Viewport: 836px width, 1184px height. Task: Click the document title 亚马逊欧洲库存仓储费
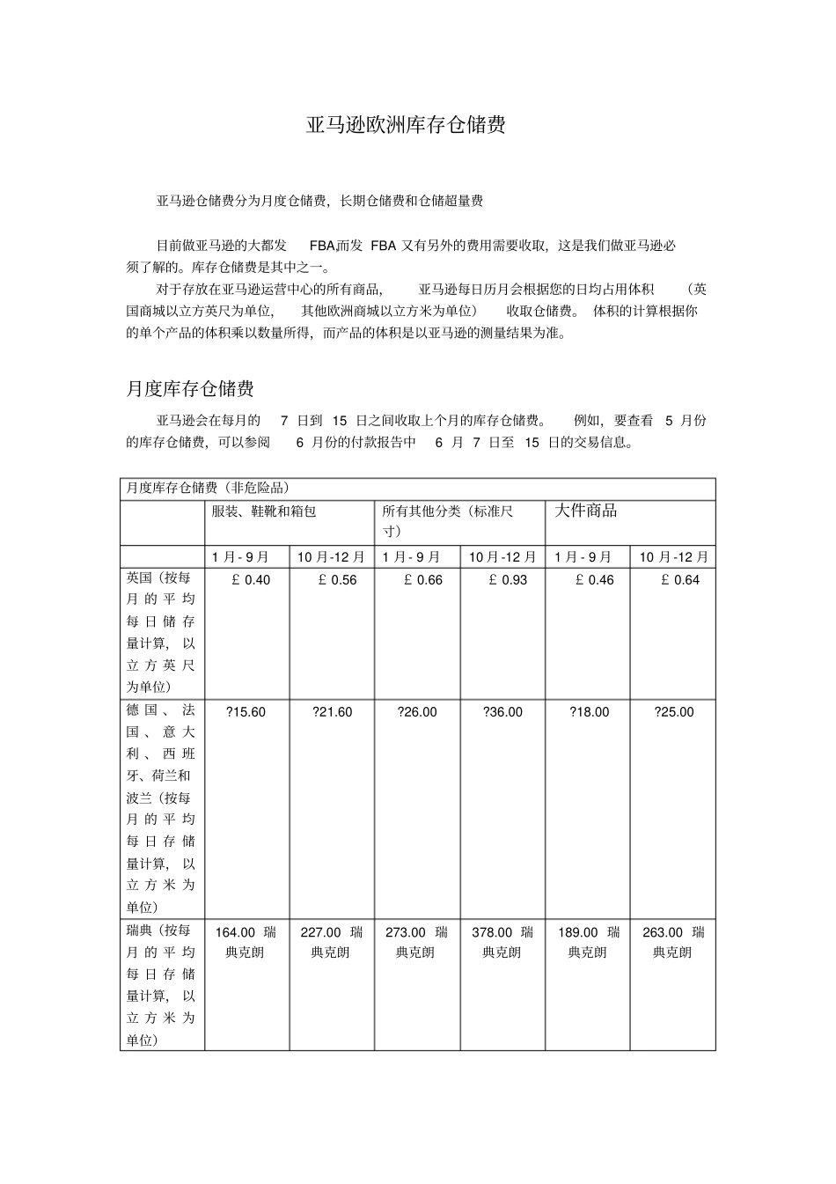tap(406, 125)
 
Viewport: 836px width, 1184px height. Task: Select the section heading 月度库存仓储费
tap(190, 389)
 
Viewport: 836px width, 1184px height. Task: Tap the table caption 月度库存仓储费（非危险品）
tap(208, 488)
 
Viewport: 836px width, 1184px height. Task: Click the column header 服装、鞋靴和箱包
tap(263, 511)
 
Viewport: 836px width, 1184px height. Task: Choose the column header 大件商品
tap(585, 511)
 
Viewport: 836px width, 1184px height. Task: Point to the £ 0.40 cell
tap(246, 580)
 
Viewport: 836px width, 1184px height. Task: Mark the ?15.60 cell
tap(246, 712)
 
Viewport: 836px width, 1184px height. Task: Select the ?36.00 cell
tap(502, 712)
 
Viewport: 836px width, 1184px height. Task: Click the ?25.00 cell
tap(673, 712)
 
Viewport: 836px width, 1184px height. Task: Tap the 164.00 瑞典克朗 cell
tap(246, 942)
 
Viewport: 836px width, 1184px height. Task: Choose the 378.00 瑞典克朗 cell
tap(502, 942)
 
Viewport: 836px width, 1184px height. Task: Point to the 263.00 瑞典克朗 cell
tap(673, 942)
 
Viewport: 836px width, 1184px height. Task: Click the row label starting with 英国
tap(161, 632)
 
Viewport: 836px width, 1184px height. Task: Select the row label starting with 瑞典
tap(161, 985)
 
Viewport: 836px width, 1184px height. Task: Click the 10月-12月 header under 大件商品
tap(673, 557)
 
